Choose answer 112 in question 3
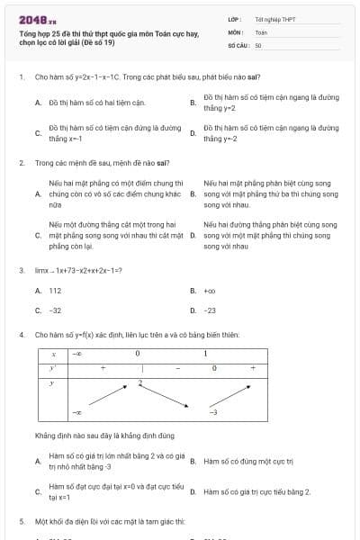pos(55,291)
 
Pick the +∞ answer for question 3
pos(210,291)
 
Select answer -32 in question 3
pos(55,310)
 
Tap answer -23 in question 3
pos(210,310)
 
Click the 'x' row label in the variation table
pos(54,354)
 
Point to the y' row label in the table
pos(54,368)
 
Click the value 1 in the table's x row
pos(205,354)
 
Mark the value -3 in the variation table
pos(213,411)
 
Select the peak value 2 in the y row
pos(140,383)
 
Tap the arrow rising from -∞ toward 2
pos(106,397)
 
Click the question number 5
pos(21,521)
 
